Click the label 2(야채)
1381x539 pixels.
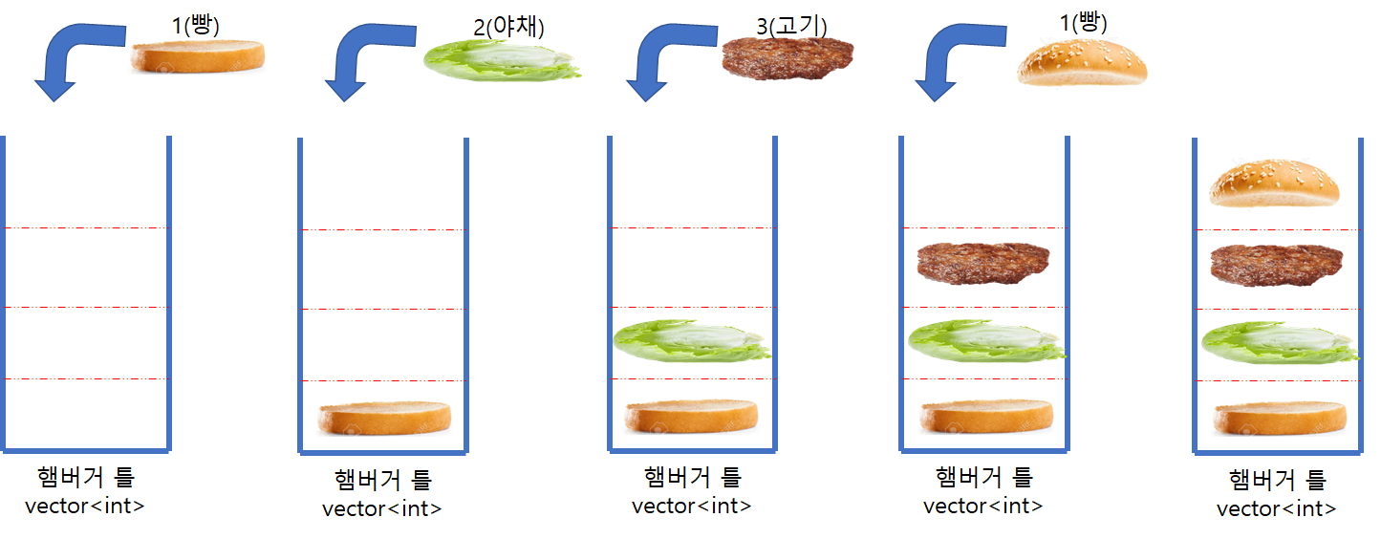(x=509, y=27)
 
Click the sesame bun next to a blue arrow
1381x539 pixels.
(x=1081, y=64)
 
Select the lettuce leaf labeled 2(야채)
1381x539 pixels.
(x=501, y=59)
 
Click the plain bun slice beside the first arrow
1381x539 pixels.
(x=198, y=56)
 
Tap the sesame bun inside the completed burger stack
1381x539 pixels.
(x=1272, y=184)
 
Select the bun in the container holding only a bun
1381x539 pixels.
(x=384, y=419)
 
